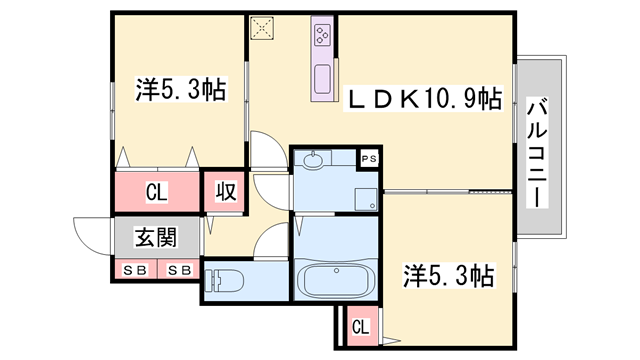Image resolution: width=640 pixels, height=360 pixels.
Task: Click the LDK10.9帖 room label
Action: pyautogui.click(x=424, y=100)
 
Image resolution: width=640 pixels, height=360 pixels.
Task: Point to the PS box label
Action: pyautogui.click(x=369, y=158)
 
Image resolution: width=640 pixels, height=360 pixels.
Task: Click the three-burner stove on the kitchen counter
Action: pyautogui.click(x=323, y=37)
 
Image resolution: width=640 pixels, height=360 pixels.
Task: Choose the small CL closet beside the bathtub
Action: pyautogui.click(x=360, y=325)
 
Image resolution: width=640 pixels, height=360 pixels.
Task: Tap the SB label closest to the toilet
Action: pyautogui.click(x=180, y=270)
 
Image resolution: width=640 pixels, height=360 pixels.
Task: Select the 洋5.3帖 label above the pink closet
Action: pyautogui.click(x=180, y=90)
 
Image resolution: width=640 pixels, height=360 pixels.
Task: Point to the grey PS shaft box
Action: pyautogui.click(x=369, y=158)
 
